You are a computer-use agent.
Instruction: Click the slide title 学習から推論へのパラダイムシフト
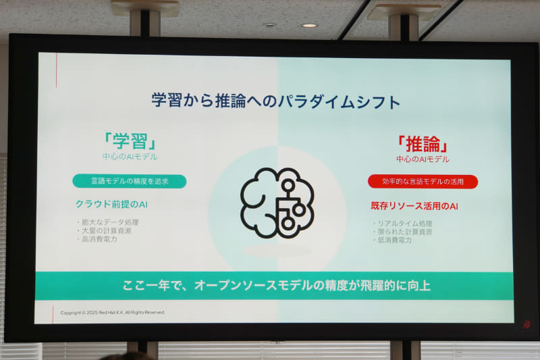pyautogui.click(x=276, y=101)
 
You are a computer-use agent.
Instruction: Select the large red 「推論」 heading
pyautogui.click(x=423, y=143)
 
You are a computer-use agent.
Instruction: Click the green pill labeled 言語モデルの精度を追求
pyautogui.click(x=130, y=181)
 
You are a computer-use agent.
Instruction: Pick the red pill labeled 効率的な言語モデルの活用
pyautogui.click(x=423, y=181)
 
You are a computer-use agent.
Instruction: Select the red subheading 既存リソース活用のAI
pyautogui.click(x=414, y=205)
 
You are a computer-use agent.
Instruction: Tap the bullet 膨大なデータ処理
pyautogui.click(x=111, y=222)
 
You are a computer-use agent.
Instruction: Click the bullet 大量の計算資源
pyautogui.click(x=108, y=230)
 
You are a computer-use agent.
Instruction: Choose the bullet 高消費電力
pyautogui.click(x=101, y=238)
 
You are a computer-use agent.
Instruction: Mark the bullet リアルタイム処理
pyautogui.click(x=404, y=223)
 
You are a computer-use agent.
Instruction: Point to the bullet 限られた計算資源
pyautogui.click(x=404, y=232)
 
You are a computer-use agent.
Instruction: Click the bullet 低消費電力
pyautogui.click(x=396, y=240)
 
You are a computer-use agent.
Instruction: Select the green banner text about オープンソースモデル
pyautogui.click(x=276, y=285)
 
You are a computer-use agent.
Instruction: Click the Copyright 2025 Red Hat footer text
pyautogui.click(x=113, y=312)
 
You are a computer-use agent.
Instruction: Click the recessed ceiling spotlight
pyautogui.click(x=309, y=26)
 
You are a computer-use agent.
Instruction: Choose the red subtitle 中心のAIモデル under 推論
pyautogui.click(x=423, y=159)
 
